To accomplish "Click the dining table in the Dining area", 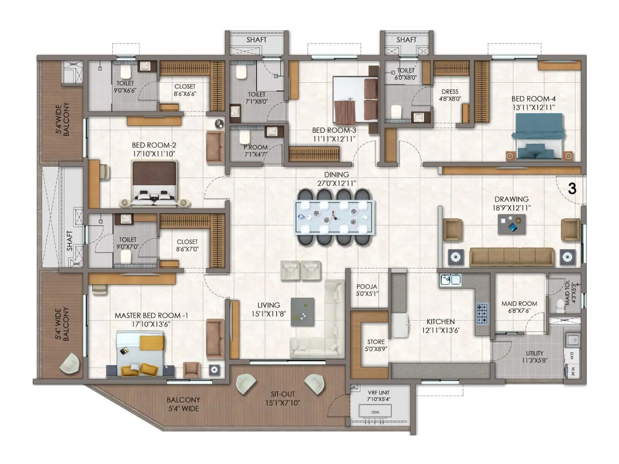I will (335, 217).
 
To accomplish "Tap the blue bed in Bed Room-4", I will (538, 138).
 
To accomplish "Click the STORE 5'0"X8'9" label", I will (376, 345).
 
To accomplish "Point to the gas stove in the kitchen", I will (482, 314).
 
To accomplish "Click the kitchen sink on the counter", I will (450, 279).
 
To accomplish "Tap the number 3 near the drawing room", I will (572, 189).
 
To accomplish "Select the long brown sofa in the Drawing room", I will (511, 257).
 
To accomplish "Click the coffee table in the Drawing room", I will (511, 225).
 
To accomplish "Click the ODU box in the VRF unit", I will (375, 412).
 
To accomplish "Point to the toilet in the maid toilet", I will (560, 306).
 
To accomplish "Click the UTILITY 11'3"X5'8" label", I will (534, 357).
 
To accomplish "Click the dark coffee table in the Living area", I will (302, 312).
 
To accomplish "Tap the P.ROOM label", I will (255, 151).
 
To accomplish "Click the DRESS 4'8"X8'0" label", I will (450, 95).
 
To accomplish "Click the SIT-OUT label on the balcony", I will (282, 398).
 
